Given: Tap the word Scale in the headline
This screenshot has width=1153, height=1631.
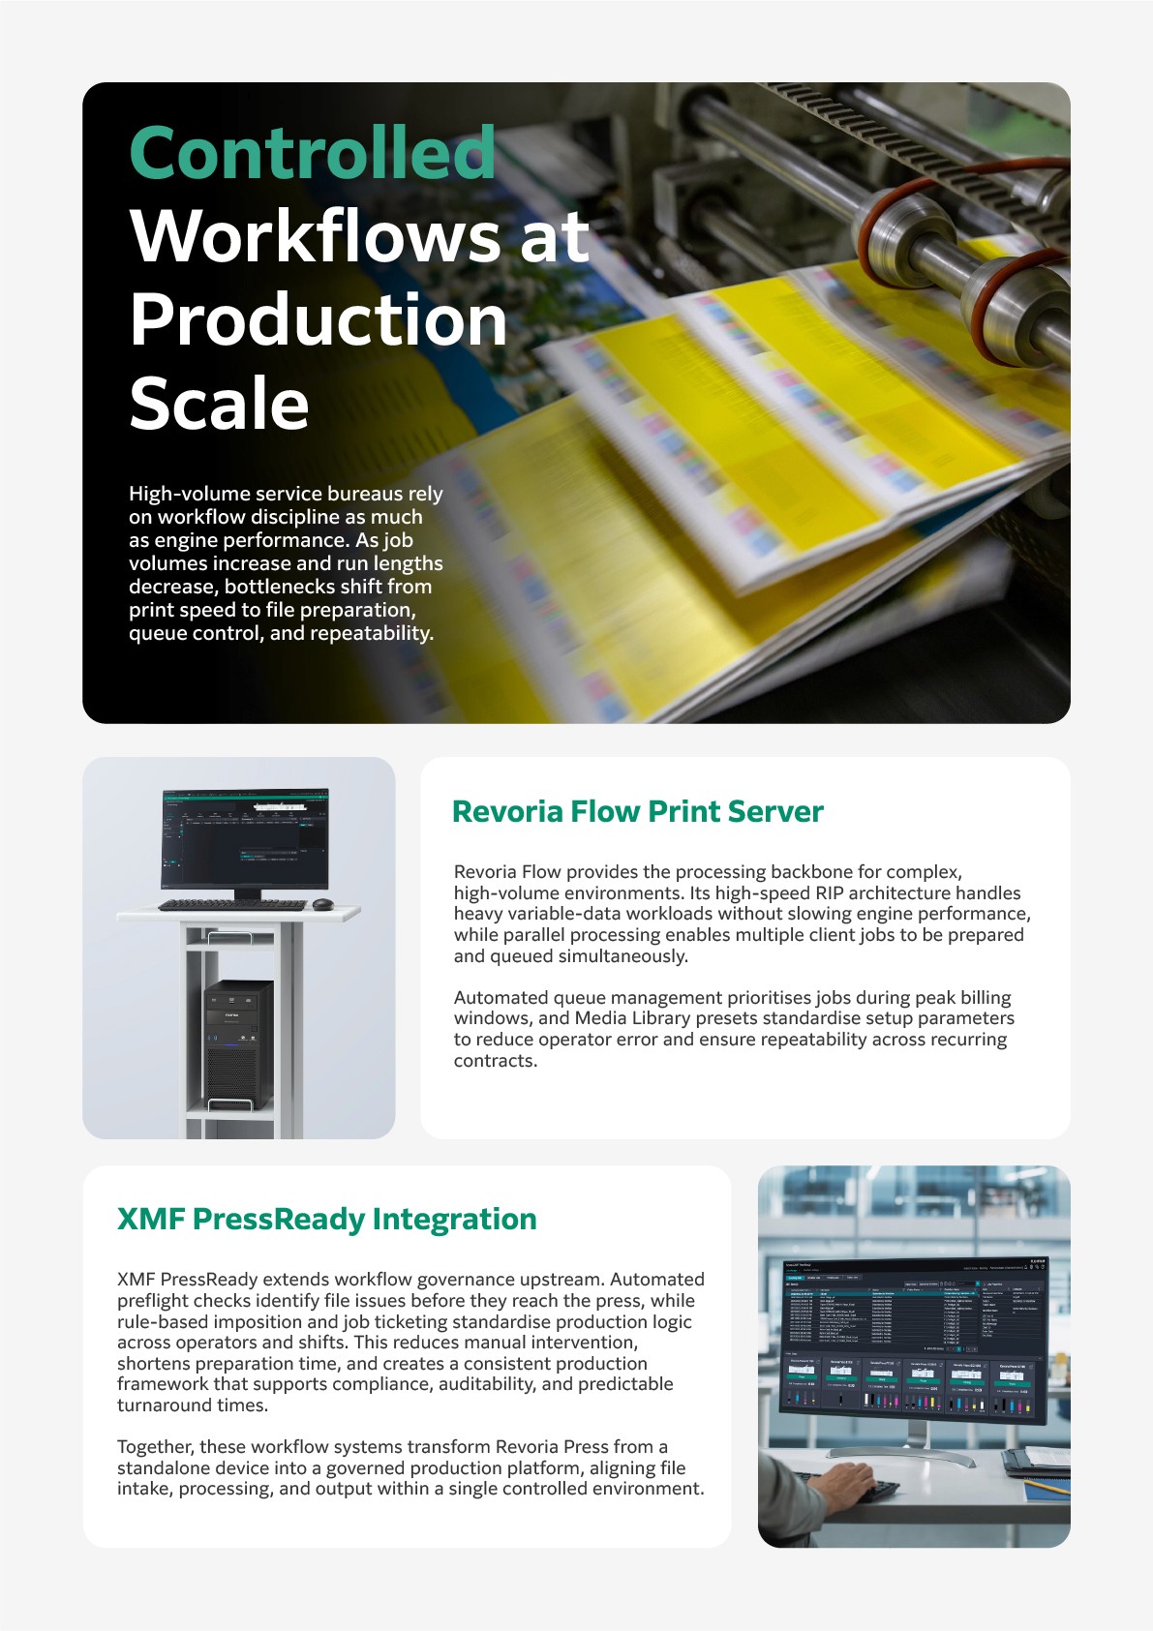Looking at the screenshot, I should coord(219,404).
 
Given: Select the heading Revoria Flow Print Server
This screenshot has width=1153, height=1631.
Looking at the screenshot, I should coord(637,811).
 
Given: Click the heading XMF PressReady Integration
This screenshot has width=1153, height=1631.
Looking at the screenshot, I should coord(326,1219).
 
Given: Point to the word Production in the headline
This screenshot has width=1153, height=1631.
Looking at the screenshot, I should coord(319,320).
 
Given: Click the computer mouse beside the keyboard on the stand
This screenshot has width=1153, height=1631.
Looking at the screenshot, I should coord(323,904).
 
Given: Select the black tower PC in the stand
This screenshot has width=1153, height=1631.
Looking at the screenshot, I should coord(238,1045).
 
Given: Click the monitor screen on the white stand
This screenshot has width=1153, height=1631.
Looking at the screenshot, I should coord(244,838).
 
